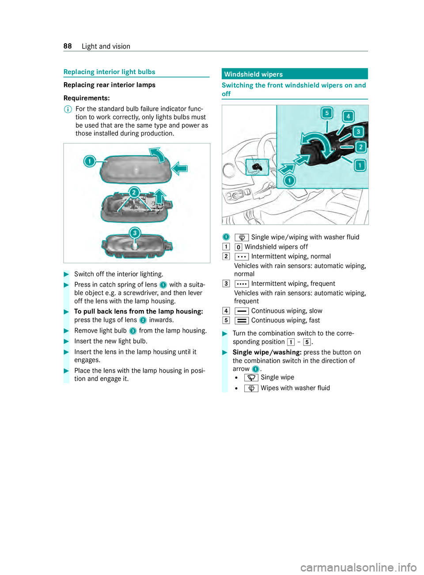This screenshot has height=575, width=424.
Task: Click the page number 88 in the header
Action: click(68, 46)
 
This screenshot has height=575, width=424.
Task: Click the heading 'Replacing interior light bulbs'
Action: click(109, 72)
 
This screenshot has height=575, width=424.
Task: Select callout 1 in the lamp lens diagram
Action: click(90, 161)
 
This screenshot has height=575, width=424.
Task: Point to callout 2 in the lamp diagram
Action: click(134, 193)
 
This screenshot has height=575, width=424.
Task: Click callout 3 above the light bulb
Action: click(135, 233)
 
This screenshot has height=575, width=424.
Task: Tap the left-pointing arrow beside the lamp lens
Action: click(180, 168)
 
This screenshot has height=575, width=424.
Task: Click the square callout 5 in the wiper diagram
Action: click(327, 113)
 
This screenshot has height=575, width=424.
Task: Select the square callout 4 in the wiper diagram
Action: click(348, 116)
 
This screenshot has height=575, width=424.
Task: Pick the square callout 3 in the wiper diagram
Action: click(359, 132)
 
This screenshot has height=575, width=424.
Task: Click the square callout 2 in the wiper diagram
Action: click(361, 147)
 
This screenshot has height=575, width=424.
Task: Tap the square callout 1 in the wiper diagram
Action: click(360, 166)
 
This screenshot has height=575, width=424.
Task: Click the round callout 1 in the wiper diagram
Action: click(289, 180)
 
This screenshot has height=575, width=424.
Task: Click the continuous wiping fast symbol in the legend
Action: click(242, 321)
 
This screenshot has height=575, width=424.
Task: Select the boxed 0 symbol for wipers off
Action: click(238, 247)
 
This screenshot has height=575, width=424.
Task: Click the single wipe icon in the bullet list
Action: click(251, 378)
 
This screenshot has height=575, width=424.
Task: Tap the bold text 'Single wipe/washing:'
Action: click(267, 352)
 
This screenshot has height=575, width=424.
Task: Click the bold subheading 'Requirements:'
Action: click(87, 98)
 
